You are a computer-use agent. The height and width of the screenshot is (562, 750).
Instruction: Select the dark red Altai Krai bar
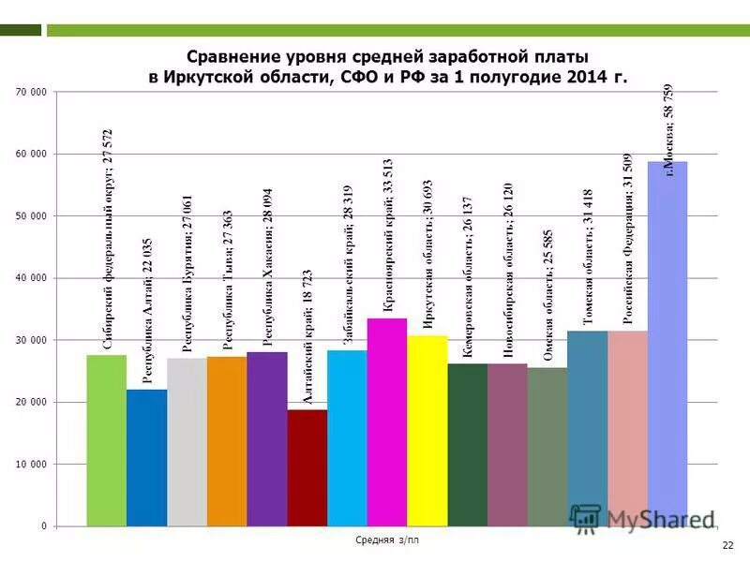tap(307, 467)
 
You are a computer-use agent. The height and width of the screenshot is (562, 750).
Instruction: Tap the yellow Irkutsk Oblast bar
tap(427, 430)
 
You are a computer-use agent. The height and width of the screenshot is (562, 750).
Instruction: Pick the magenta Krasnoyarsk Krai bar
tap(386, 421)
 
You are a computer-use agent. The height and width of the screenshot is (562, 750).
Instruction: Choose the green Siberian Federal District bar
tap(106, 440)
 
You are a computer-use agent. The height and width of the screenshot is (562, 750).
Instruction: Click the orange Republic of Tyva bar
tap(226, 441)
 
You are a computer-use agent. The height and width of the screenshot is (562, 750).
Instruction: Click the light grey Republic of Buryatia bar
tap(186, 441)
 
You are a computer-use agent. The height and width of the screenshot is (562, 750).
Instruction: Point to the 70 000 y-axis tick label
tap(31, 92)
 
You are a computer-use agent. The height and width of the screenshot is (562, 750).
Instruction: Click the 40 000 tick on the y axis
tap(31, 278)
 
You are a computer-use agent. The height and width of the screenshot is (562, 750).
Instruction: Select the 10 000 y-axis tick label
tap(31, 465)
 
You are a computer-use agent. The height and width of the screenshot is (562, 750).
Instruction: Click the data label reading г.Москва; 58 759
tap(668, 129)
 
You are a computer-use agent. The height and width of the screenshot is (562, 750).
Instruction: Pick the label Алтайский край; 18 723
tap(307, 347)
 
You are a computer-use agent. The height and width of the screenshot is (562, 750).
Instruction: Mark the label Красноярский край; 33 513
tap(387, 251)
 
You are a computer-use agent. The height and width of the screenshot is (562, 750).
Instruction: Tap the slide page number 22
tap(727, 545)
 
